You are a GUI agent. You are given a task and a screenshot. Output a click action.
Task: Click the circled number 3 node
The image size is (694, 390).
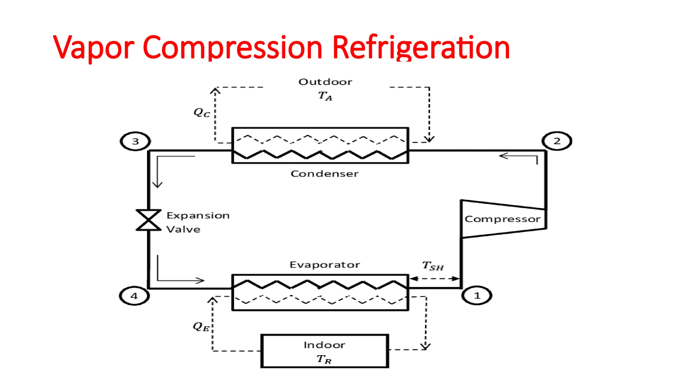click(x=135, y=141)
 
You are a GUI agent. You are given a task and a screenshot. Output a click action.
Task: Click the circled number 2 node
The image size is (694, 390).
click(x=557, y=141)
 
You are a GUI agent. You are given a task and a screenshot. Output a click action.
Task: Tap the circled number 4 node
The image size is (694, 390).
click(x=134, y=296)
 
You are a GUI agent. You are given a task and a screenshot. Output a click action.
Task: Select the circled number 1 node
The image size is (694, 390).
click(x=477, y=296)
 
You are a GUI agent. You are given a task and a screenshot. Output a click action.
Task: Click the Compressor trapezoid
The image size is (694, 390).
click(x=503, y=219)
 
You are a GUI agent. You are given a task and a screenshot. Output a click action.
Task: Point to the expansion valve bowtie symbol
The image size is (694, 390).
click(x=148, y=220)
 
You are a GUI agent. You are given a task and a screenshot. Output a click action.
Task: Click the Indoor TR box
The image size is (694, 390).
click(x=324, y=351)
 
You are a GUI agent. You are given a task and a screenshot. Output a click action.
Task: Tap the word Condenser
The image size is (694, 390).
click(x=324, y=174)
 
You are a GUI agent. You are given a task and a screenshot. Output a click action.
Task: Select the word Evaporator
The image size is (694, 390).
click(x=324, y=265)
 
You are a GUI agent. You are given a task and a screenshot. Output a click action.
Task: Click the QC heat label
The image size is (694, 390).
click(x=202, y=112)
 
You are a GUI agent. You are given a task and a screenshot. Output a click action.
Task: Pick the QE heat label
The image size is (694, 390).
click(x=201, y=326)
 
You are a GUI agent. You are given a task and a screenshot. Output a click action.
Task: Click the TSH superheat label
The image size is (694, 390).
click(x=433, y=266)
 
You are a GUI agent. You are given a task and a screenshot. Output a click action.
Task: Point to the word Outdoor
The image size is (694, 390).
click(x=325, y=82)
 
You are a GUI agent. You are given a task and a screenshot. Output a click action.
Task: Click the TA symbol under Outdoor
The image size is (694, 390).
click(x=325, y=96)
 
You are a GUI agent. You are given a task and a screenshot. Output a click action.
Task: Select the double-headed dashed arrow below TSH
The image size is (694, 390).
click(x=434, y=279)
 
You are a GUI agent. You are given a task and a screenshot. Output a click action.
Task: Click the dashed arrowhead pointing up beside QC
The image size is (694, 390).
click(x=215, y=91)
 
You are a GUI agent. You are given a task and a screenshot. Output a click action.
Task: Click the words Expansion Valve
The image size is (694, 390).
click(x=198, y=222)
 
